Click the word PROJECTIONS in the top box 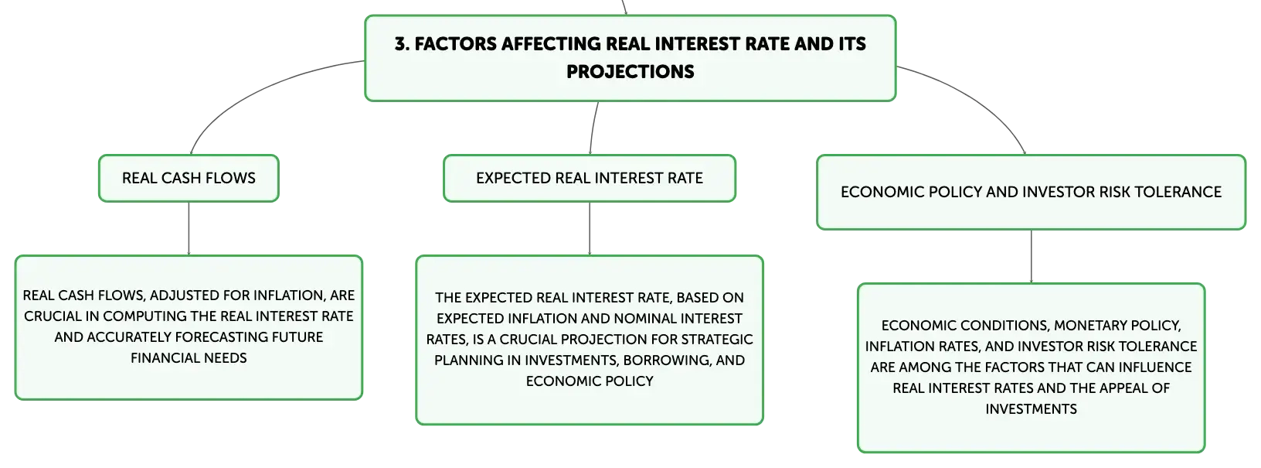[x=630, y=72]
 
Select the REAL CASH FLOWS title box [x=189, y=178]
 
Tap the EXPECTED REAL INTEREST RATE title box [x=590, y=178]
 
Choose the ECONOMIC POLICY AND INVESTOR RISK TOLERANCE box [x=1032, y=193]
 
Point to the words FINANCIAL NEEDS [x=189, y=358]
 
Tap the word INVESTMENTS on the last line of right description [x=1032, y=408]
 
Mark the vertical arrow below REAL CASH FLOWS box [x=189, y=228]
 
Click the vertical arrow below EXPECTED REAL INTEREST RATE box [x=590, y=228]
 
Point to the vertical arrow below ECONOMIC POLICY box [x=1032, y=257]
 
